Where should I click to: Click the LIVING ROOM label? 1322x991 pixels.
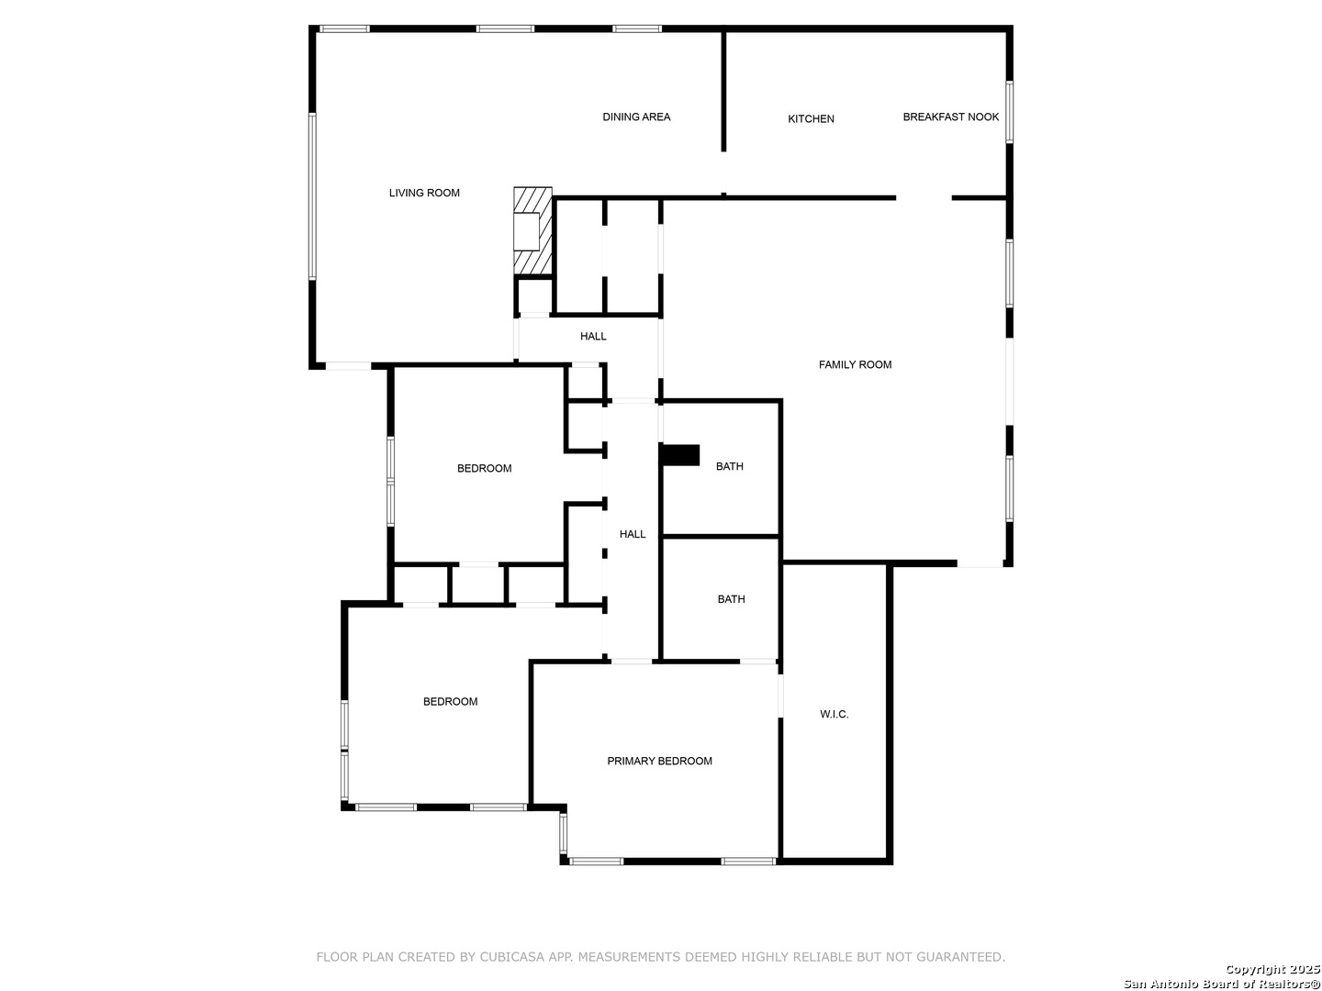tap(424, 193)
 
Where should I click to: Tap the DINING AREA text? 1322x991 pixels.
tap(636, 117)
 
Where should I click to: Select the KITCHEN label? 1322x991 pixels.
tap(811, 118)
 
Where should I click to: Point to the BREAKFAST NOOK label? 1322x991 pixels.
tap(950, 117)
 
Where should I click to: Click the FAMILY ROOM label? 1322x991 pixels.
tap(855, 364)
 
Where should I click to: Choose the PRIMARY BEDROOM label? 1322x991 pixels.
tap(659, 761)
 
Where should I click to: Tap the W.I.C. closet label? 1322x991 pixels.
tap(834, 714)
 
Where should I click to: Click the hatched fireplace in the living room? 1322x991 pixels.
tap(532, 231)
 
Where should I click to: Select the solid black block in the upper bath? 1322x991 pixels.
tap(680, 455)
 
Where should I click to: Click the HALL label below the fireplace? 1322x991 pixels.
tap(593, 336)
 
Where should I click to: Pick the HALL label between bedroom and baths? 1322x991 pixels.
tap(633, 534)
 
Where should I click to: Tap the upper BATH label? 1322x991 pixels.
tap(729, 466)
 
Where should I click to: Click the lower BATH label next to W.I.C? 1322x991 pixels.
tap(731, 598)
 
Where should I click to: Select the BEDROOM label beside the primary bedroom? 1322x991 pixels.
tap(450, 701)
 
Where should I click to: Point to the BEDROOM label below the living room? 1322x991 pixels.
tap(484, 468)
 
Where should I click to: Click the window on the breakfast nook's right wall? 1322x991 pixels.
tap(1009, 112)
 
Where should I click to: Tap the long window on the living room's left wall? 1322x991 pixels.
tap(312, 196)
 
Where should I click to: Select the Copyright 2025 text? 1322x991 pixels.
tap(1272, 969)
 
